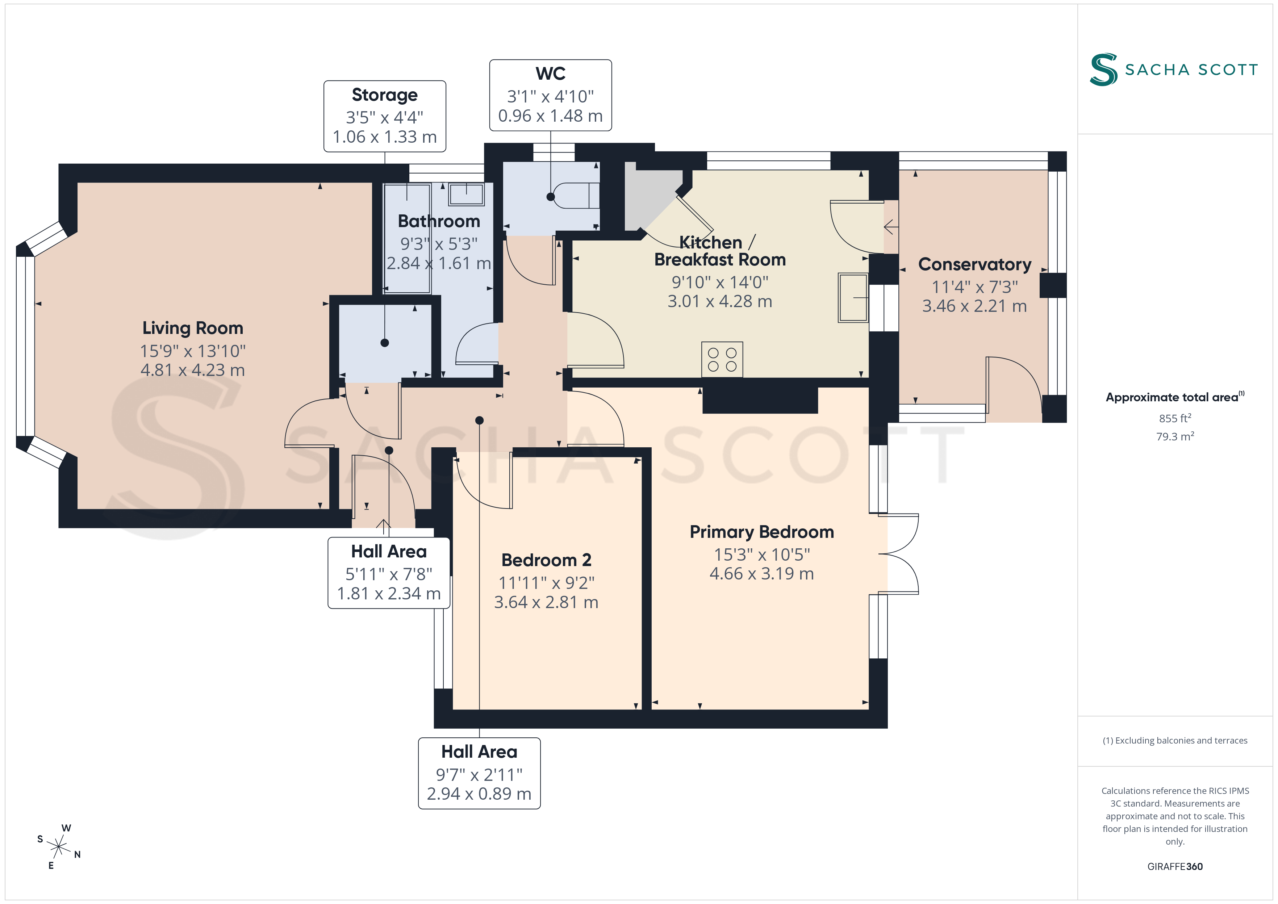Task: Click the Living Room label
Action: coord(193,328)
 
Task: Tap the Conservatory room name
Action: coord(975,264)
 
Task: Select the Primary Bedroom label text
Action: coord(761,532)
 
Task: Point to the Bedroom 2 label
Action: coord(546,560)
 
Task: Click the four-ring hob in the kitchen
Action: coord(722,360)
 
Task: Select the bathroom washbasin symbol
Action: coord(467,194)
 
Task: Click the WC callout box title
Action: coord(551,74)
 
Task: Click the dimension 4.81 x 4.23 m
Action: coord(193,370)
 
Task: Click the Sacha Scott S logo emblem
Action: coord(1103,70)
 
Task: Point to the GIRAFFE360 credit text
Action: coord(1175,867)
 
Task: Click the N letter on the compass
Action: coord(78,854)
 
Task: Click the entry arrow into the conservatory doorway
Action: coord(891,227)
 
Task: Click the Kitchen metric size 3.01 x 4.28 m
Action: coord(720,301)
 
